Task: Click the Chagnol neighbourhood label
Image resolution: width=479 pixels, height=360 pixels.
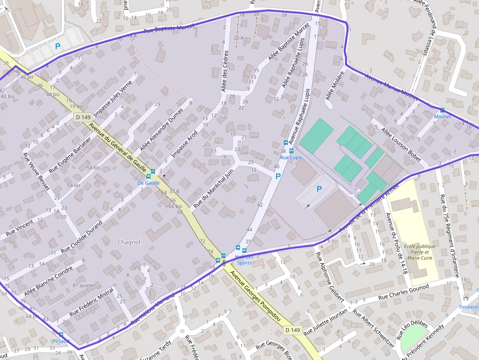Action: (129, 242)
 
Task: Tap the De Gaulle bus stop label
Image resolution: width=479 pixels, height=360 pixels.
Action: (149, 183)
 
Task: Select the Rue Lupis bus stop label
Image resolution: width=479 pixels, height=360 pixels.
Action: (291, 158)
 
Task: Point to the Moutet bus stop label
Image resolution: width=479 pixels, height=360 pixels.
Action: (442, 116)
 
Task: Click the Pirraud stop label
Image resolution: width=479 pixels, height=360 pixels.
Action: (61, 340)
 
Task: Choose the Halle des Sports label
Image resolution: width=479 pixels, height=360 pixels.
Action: (244, 259)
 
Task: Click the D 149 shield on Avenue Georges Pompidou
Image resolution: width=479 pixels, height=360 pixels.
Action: (292, 330)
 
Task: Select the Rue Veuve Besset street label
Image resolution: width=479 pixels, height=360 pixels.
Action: (36, 172)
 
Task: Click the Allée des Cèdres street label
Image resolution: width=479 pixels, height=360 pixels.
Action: (225, 70)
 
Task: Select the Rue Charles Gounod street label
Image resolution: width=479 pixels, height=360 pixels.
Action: (404, 293)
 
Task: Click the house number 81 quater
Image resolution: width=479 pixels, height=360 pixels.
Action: (84, 285)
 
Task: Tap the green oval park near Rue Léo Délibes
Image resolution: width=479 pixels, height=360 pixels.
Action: (414, 337)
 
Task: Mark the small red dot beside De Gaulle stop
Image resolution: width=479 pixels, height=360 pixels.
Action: (164, 176)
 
